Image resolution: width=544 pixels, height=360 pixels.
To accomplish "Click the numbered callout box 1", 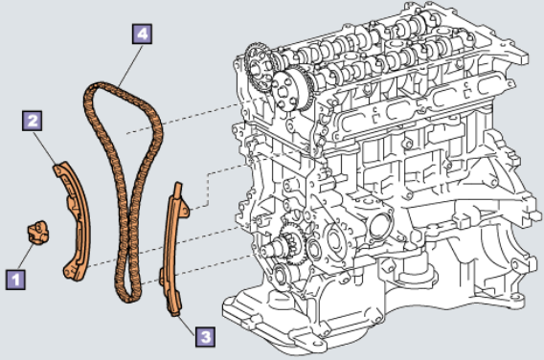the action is (x=15, y=280).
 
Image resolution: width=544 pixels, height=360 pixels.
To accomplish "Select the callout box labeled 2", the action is (x=33, y=121).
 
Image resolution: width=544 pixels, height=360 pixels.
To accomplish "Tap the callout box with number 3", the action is (x=205, y=336).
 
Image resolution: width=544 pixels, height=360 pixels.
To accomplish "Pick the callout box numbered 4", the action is (x=143, y=34).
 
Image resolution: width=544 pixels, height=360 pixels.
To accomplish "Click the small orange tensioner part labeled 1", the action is (x=37, y=232).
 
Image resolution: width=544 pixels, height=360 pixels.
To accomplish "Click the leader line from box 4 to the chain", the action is (x=130, y=65).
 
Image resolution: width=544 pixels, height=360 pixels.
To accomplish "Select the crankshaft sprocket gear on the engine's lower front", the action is (x=292, y=241).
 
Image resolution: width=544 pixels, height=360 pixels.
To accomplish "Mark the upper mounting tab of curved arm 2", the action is (x=60, y=169).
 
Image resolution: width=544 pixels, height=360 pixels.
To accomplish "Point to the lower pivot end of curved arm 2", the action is (x=72, y=272).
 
